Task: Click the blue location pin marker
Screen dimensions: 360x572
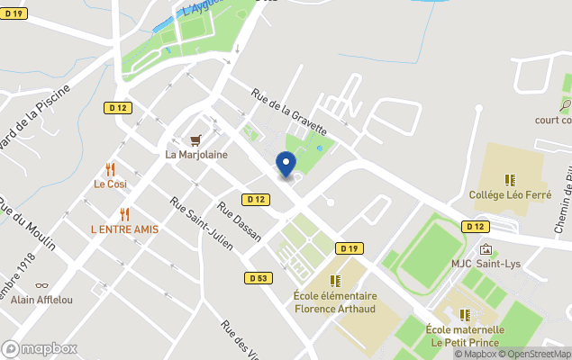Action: coord(286,165)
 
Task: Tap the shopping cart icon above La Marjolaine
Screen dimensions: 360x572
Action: coord(195,140)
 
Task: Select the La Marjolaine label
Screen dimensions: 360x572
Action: coord(196,154)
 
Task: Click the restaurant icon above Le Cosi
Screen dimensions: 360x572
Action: coord(111,169)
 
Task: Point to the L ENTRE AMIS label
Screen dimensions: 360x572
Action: coord(124,229)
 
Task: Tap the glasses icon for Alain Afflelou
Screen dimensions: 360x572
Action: coord(41,285)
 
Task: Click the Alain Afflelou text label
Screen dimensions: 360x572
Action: coord(41,299)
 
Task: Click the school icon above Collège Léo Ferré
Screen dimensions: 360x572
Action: coord(509,180)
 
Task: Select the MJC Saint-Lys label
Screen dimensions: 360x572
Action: coord(486,264)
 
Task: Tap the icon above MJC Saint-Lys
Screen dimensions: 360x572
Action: coord(486,249)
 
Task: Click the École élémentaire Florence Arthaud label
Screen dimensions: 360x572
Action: coord(335,302)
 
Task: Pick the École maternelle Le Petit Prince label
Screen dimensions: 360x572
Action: coord(465,336)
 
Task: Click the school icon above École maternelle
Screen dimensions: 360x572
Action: coord(465,315)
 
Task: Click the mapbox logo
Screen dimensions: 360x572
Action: coord(40,348)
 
